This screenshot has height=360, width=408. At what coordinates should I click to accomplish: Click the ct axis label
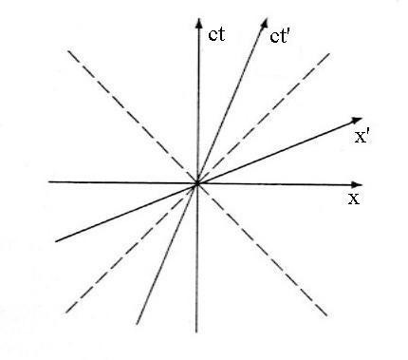(216, 34)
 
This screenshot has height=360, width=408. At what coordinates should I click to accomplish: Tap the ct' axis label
(280, 36)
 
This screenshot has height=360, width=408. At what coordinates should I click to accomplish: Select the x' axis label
(361, 137)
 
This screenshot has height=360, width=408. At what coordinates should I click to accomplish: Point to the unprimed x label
(354, 199)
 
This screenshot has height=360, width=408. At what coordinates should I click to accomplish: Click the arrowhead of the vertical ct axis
(199, 23)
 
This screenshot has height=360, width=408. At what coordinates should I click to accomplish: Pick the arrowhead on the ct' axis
(264, 24)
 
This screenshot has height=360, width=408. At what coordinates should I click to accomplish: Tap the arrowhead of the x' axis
(357, 121)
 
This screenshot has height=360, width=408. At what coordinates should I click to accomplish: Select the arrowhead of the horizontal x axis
(357, 185)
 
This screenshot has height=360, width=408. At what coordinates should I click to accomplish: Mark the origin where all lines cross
(197, 183)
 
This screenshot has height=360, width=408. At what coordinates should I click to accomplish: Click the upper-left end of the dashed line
(68, 50)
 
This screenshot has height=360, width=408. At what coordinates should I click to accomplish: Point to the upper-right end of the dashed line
(329, 54)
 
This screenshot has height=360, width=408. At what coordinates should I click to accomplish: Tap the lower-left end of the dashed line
(65, 313)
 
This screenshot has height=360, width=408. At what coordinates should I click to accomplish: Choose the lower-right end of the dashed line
(326, 315)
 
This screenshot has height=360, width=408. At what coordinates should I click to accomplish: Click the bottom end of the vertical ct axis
(196, 332)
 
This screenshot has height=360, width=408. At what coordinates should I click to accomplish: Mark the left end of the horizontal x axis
(48, 181)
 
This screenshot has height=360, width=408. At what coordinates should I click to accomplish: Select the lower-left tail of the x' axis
(56, 241)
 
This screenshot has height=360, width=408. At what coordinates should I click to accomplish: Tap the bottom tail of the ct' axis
(137, 324)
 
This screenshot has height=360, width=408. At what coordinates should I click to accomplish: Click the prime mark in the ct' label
(288, 34)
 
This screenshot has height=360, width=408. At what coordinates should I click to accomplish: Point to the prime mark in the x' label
(365, 134)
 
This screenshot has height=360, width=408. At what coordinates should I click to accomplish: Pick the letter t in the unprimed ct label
(221, 34)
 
